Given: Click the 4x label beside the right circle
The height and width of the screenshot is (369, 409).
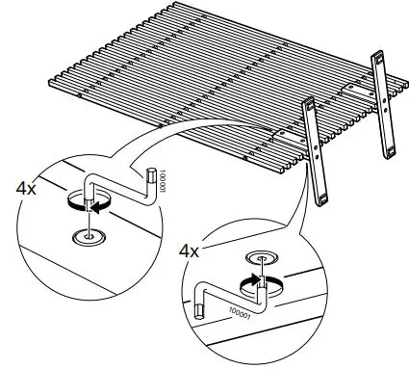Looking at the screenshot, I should [x=191, y=250].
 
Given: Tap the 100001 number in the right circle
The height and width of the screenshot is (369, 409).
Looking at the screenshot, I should [x=241, y=311].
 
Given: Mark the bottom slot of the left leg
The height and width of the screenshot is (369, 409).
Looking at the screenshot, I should [x=321, y=199].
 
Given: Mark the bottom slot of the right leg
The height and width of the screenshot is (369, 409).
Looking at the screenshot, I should [x=390, y=149].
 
